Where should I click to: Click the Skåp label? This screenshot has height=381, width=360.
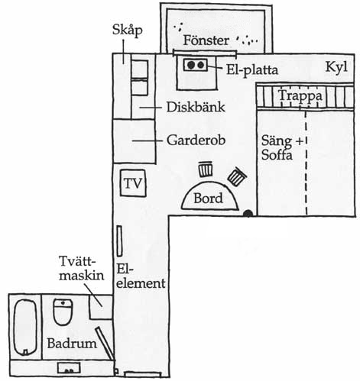coord(127,31)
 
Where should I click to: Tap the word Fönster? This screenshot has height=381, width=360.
coord(206,40)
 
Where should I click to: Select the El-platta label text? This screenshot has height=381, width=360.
coord(252,69)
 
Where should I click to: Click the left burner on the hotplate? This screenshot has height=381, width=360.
coord(190,65)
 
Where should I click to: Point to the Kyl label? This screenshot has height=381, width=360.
coord(336,67)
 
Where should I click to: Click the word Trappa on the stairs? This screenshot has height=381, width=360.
coord(300,96)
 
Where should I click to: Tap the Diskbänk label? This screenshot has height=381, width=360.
coord(196,107)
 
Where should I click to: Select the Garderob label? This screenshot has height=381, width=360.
coord(196,140)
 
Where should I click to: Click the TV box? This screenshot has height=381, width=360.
coord(133,183)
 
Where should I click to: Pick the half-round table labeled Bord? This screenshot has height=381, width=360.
coord(209,196)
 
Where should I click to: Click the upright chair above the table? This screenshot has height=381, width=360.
coord(206,170)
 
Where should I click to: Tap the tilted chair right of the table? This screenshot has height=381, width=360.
coord(237,176)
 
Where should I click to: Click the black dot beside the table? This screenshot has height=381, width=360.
coord(248,214)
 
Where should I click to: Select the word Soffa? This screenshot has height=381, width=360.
coord(277,155)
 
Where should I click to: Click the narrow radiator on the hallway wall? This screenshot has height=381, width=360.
coord(119,241)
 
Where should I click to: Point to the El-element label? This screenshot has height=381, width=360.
coord(141,276)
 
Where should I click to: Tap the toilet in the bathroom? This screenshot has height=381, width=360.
coord(63,312)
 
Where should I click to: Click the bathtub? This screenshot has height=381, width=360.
coord(25,328)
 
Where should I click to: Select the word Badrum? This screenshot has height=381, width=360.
coord(72,344)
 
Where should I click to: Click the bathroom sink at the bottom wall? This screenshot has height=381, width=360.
coord(69,368)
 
